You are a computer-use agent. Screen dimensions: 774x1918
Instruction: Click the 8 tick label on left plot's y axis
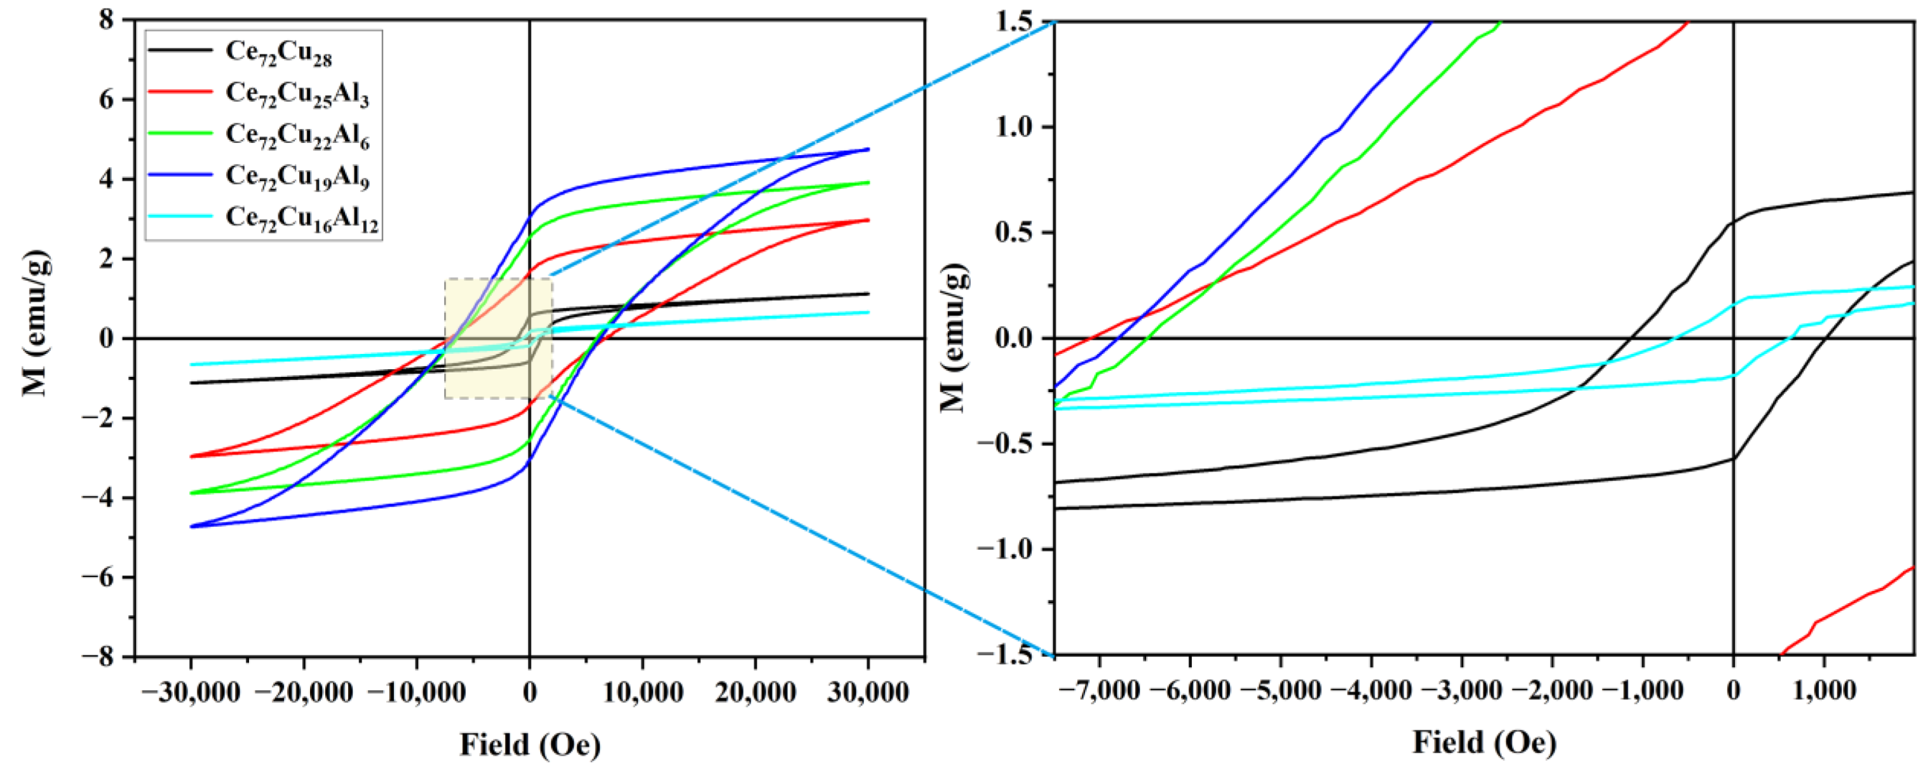point(107,20)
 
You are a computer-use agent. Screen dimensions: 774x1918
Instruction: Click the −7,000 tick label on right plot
point(1099,691)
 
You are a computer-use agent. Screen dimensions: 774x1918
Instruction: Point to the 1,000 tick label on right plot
point(1823,691)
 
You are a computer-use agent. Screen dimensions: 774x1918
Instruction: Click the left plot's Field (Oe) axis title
point(529,744)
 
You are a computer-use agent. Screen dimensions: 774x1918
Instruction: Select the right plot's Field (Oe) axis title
point(1484,743)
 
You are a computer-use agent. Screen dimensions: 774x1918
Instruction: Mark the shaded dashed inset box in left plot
point(498,339)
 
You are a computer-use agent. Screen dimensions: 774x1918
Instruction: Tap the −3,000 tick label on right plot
point(1461,691)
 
